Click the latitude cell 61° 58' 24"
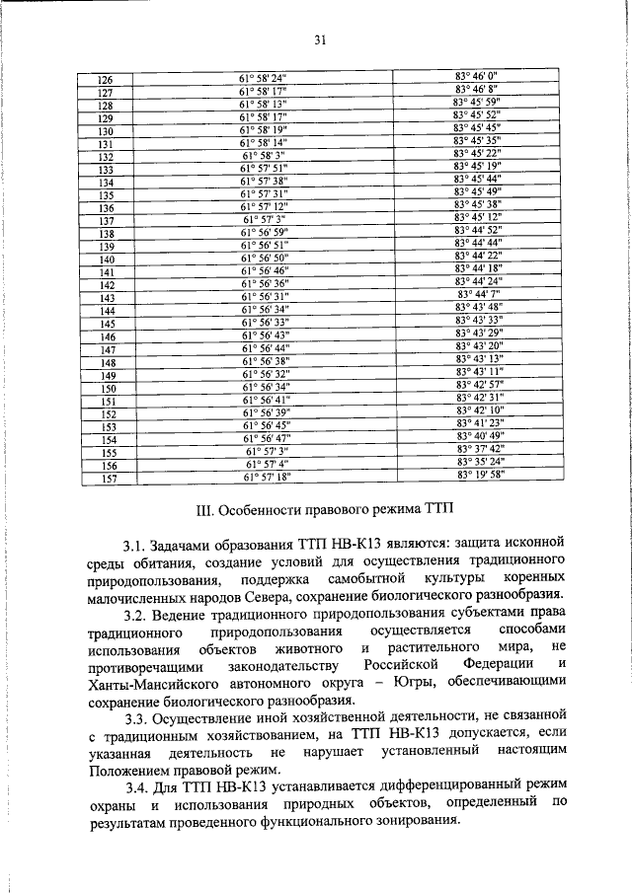click(x=262, y=79)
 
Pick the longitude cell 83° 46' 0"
click(x=478, y=75)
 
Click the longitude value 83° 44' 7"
click(x=480, y=294)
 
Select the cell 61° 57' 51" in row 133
click(x=262, y=169)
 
